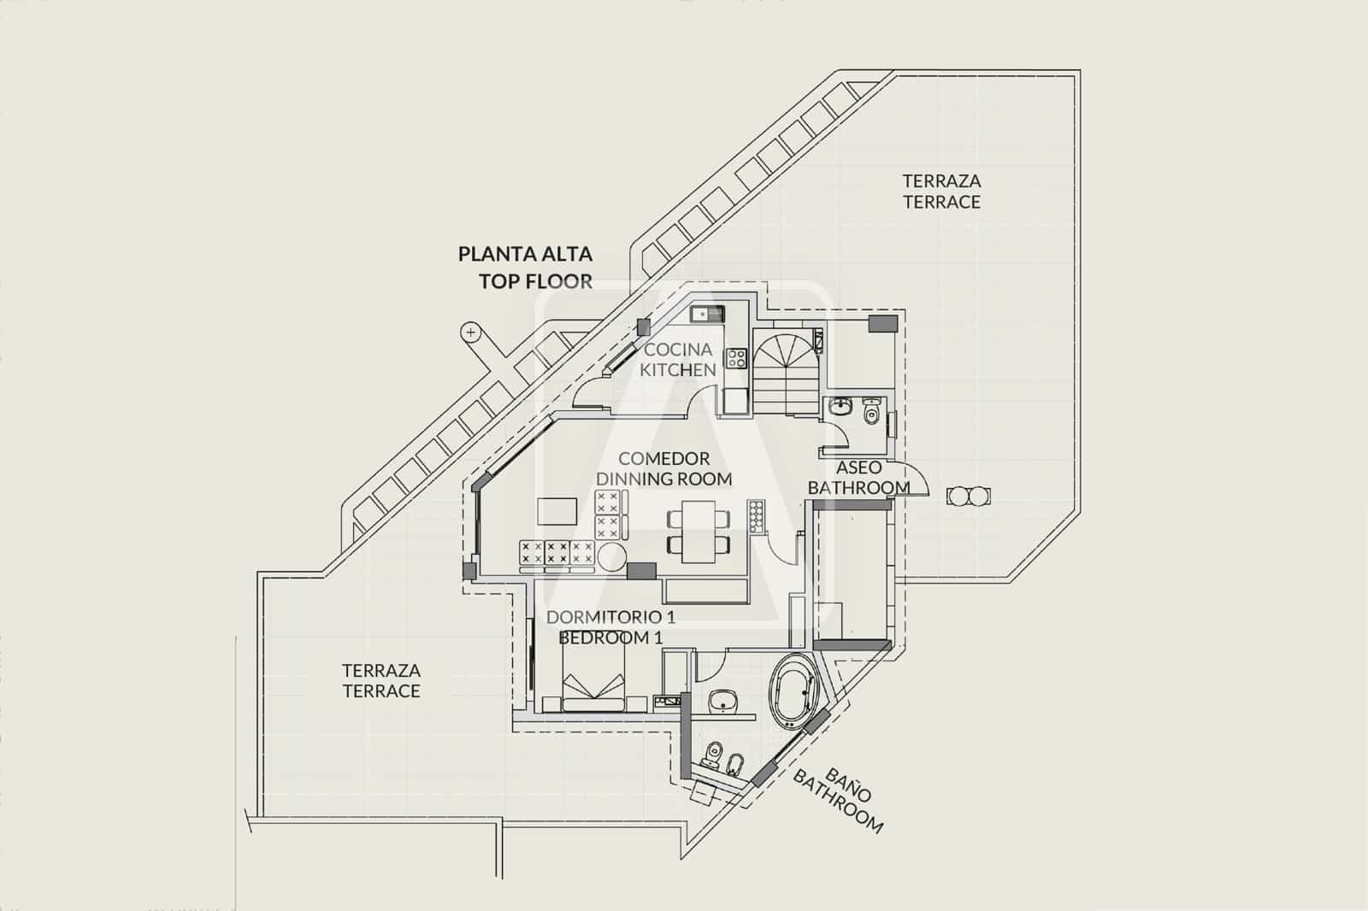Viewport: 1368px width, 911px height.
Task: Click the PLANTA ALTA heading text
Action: coord(525,254)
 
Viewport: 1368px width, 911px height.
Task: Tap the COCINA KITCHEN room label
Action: coord(678,360)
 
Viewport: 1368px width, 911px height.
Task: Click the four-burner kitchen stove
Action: coord(735,357)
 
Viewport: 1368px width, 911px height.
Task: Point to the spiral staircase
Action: coord(784,373)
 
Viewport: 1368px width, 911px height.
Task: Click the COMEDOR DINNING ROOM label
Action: coord(664,469)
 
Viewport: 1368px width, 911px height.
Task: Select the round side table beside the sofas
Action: coord(612,556)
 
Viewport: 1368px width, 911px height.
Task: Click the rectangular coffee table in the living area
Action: coord(558,513)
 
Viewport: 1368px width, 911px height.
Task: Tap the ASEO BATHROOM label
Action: coord(858,478)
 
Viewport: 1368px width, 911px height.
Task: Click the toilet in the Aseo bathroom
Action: coord(871,411)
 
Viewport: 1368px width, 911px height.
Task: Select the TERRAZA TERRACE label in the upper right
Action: coord(941,191)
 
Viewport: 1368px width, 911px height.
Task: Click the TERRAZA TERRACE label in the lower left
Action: coord(381,680)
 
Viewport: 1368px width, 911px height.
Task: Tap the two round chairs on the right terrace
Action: coord(970,496)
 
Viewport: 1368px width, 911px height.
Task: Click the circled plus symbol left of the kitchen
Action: coord(469,332)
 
